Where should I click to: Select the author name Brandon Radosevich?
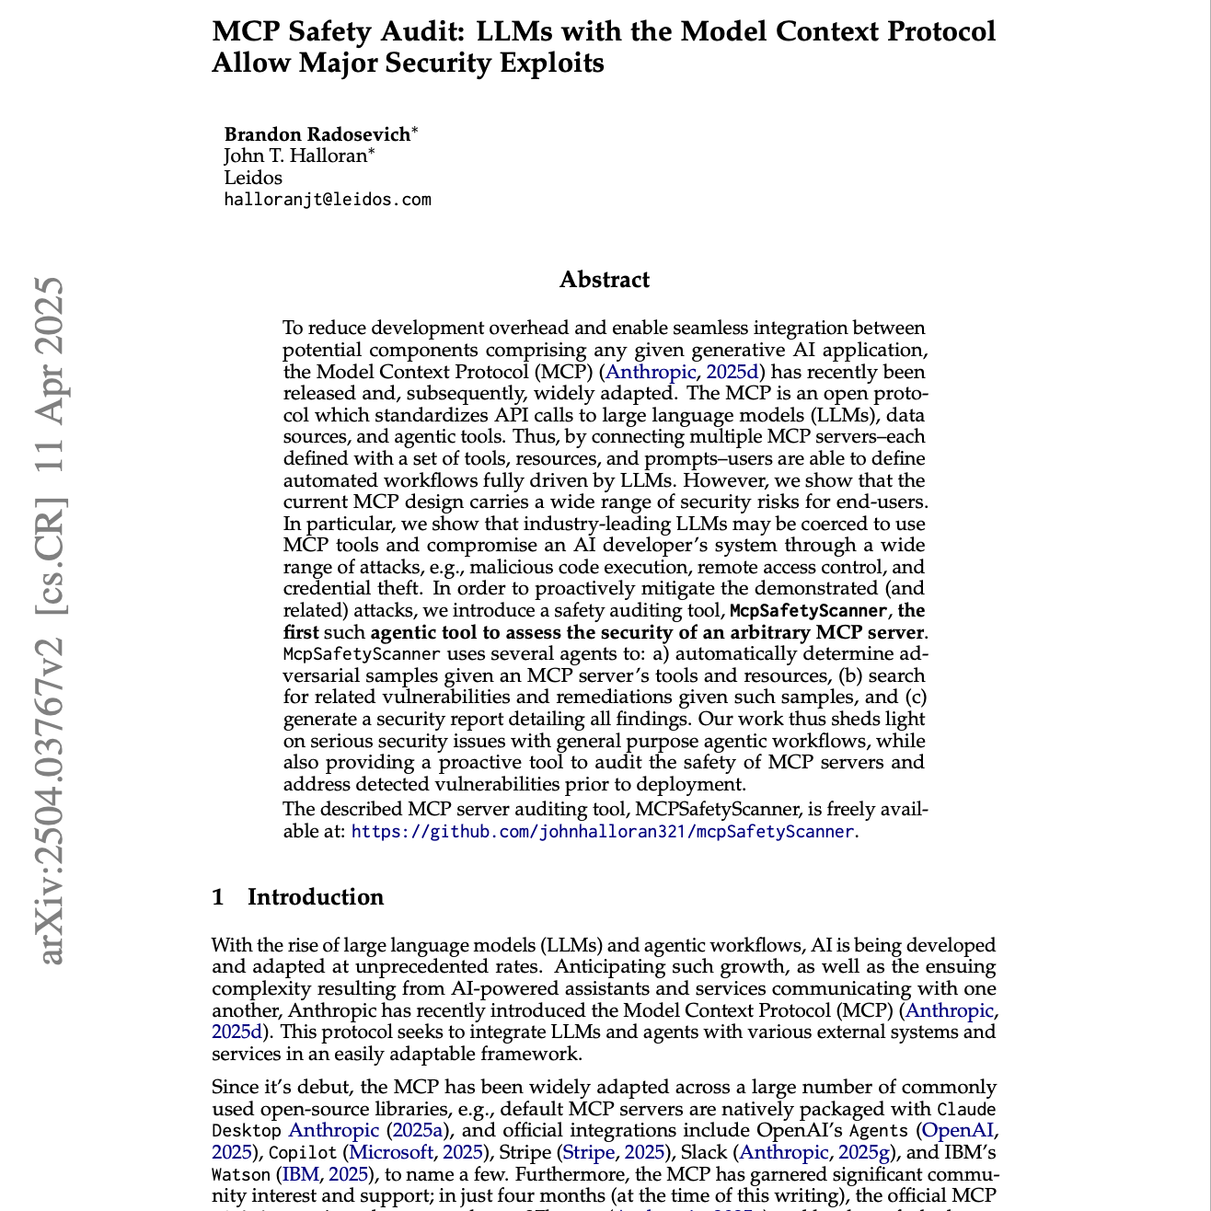point(317,134)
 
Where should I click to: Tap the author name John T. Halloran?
point(294,156)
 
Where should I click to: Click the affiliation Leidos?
point(253,178)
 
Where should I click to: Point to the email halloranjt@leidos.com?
point(328,200)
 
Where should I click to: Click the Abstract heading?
point(605,280)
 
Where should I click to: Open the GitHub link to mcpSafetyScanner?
point(603,831)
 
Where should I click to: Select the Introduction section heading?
point(316,897)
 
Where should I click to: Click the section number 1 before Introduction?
point(218,897)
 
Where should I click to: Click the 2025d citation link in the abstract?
point(732,372)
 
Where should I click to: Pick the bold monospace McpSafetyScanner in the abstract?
point(808,611)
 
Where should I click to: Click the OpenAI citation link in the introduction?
point(957,1130)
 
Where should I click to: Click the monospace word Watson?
point(241,1175)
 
